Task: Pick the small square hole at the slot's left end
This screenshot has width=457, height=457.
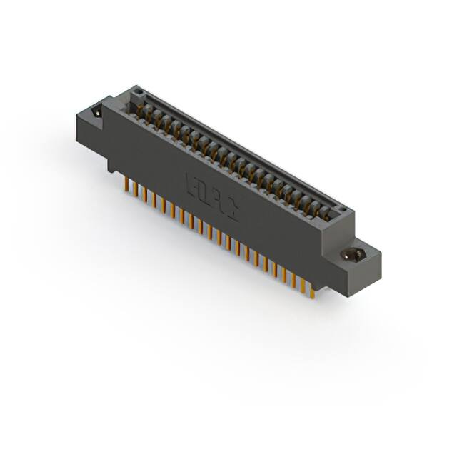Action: pyautogui.click(x=139, y=92)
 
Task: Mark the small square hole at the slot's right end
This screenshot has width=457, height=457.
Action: pyautogui.click(x=342, y=211)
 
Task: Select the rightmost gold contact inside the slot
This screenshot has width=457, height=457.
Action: pyautogui.click(x=329, y=212)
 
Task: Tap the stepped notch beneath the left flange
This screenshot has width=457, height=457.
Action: pyautogui.click(x=111, y=166)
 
